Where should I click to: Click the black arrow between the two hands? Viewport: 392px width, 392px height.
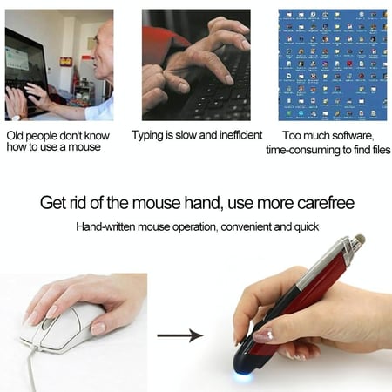[x=180, y=335]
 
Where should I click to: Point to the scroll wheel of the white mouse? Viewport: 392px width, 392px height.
[x=46, y=323]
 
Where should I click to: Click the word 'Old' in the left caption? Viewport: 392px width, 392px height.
[x=15, y=136]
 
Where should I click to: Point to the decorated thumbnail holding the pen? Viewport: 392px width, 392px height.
[x=264, y=335]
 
